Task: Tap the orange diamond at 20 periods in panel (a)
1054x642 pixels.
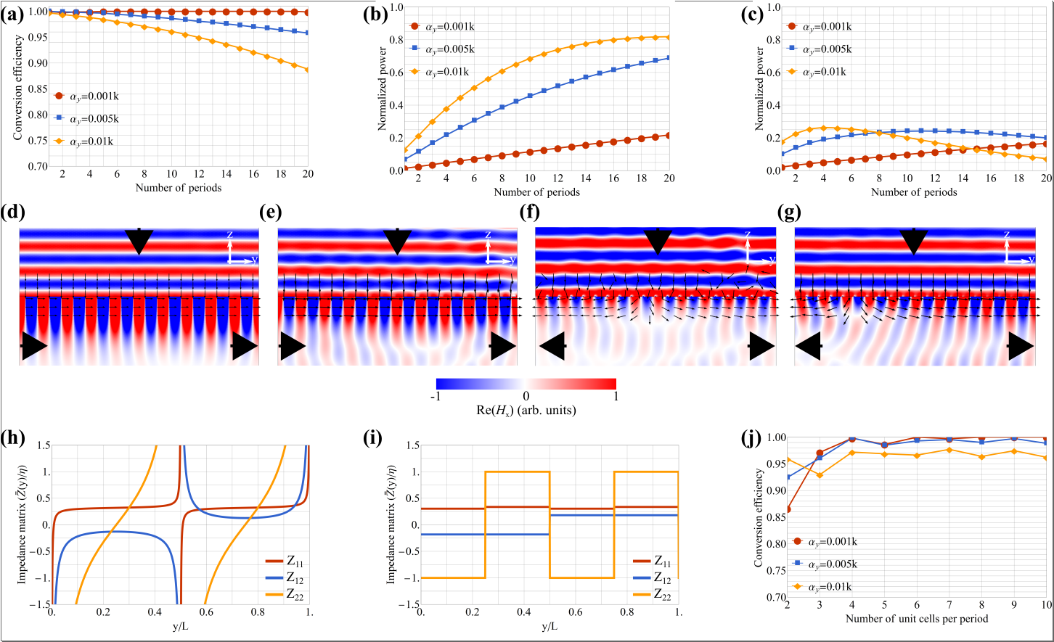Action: point(307,70)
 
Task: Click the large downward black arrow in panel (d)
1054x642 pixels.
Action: point(139,240)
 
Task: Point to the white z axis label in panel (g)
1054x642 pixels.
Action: point(1007,235)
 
